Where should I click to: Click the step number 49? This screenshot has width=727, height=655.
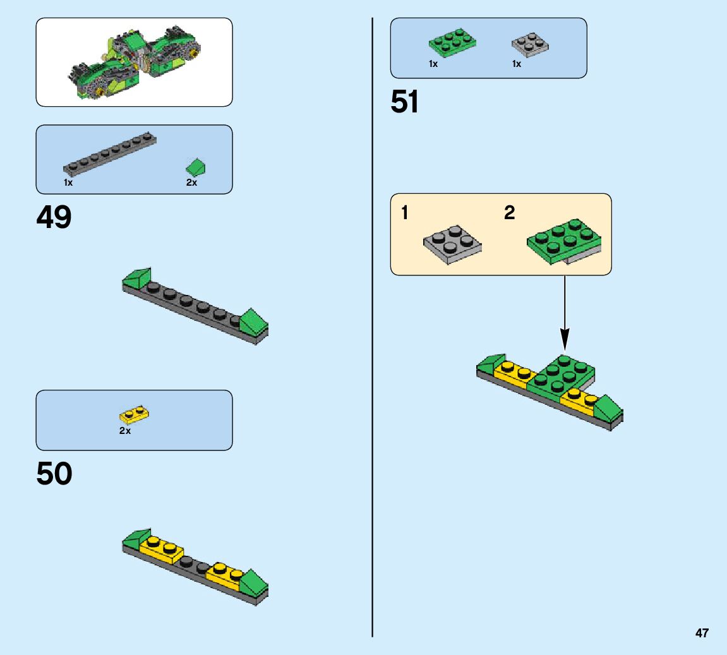click(54, 219)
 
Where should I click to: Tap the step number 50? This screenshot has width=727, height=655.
click(54, 474)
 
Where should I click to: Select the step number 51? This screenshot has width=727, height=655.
click(404, 102)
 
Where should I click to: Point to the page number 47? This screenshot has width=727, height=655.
click(702, 633)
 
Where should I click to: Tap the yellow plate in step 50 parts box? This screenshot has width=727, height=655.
click(135, 415)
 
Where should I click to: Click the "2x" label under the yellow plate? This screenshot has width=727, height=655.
click(125, 431)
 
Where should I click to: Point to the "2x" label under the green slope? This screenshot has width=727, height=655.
click(191, 183)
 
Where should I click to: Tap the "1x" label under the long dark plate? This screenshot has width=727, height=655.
click(68, 183)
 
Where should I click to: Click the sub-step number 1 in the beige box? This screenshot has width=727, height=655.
click(404, 213)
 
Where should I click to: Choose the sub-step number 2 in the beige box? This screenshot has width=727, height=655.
click(509, 213)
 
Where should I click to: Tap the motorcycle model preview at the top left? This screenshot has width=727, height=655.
click(134, 62)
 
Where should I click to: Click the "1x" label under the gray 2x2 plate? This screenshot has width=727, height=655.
click(517, 64)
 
